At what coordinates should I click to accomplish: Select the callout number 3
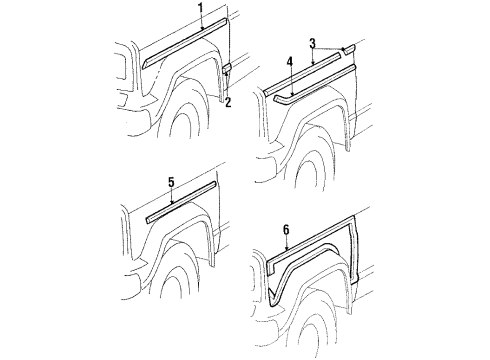(312, 45)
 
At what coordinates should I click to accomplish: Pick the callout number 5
(171, 183)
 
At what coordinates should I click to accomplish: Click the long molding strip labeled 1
(185, 42)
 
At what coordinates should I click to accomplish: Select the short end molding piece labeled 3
(347, 48)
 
